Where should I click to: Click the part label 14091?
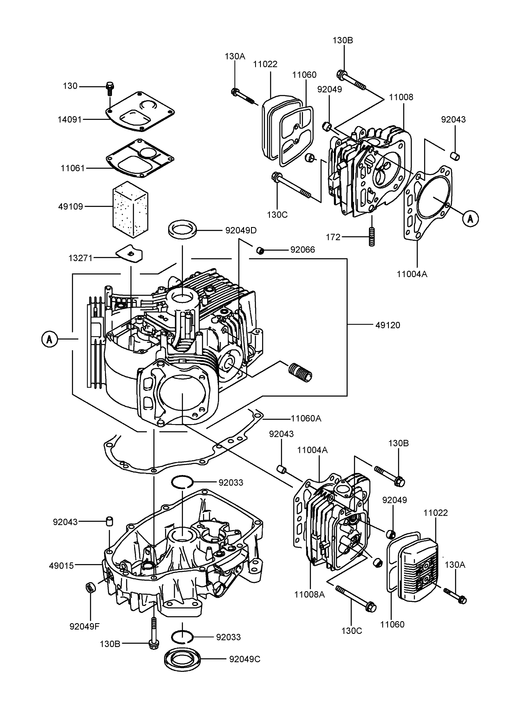[69, 119]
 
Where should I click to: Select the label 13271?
[80, 258]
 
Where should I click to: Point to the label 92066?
[302, 250]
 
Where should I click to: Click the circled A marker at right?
[470, 219]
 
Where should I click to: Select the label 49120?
[387, 325]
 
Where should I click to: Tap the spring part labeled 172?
[372, 237]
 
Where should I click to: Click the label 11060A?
[306, 418]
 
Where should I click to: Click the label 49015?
[61, 566]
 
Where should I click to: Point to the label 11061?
[73, 168]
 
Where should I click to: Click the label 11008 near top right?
[401, 97]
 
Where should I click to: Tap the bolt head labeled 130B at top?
[341, 75]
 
